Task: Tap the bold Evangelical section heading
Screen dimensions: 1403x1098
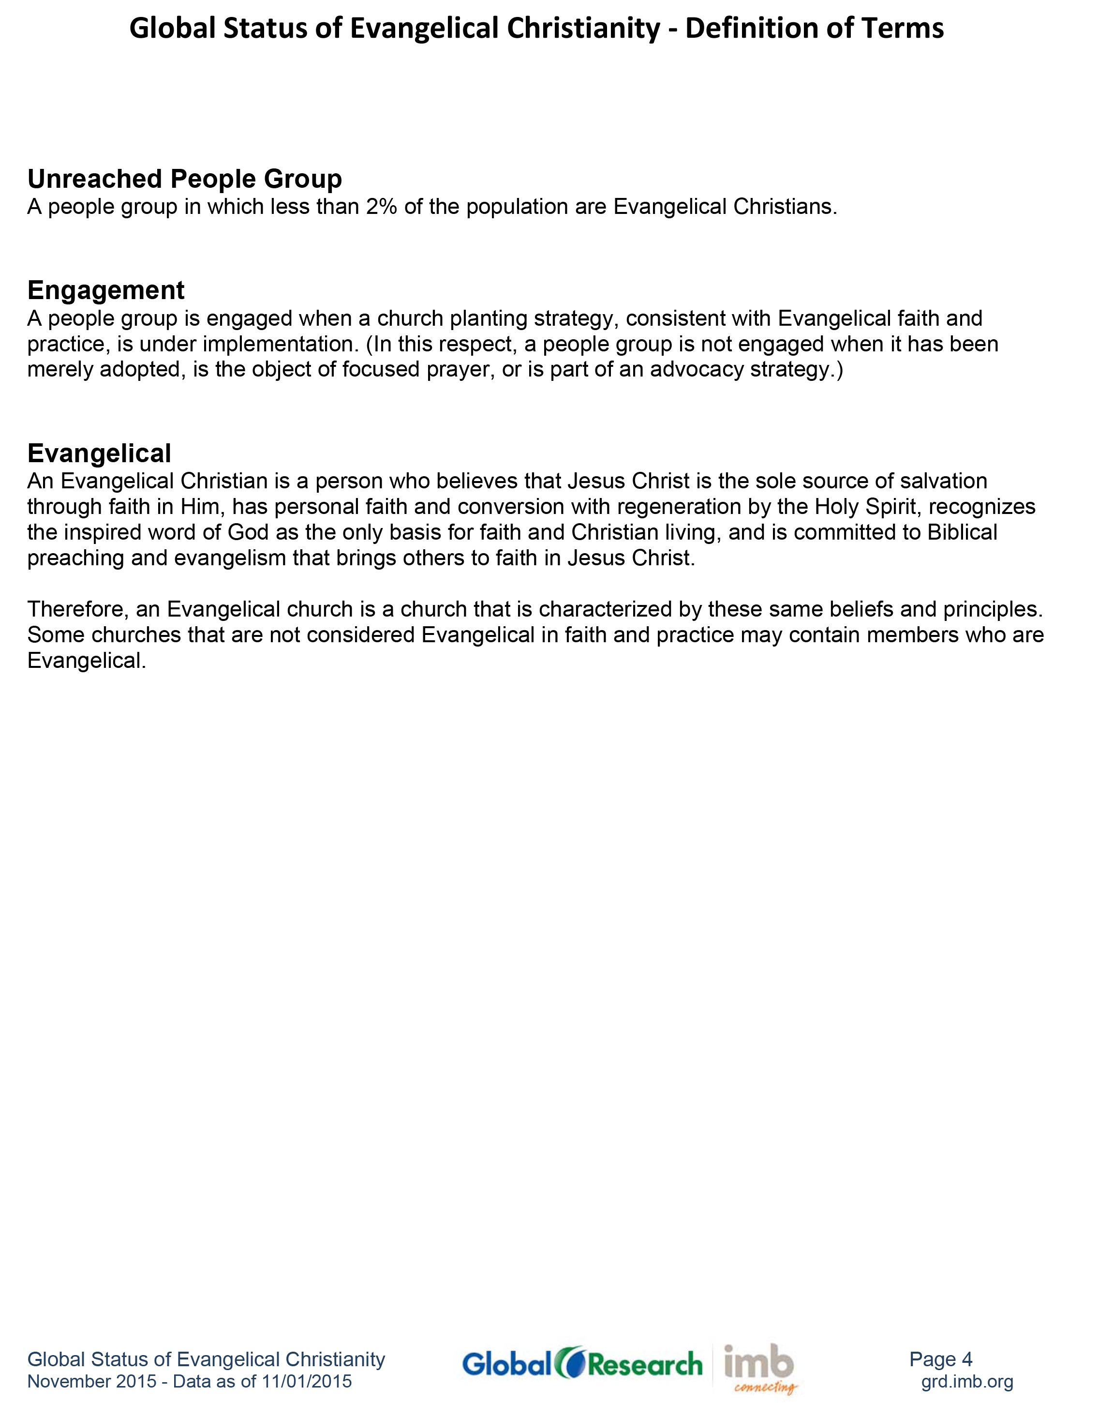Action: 99,453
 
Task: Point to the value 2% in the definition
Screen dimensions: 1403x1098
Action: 381,207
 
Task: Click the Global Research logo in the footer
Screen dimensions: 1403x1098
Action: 582,1364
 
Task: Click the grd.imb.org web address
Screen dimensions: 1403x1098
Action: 967,1381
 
